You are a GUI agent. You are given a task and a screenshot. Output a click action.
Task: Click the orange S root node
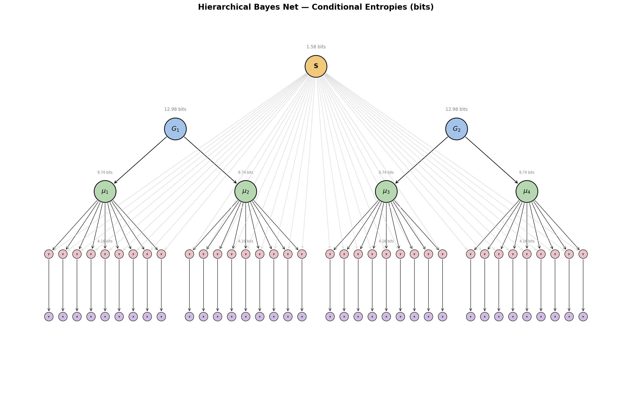tap(316, 66)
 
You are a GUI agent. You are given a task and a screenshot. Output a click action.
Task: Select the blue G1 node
tap(175, 129)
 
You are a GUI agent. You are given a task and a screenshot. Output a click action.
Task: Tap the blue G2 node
tap(456, 129)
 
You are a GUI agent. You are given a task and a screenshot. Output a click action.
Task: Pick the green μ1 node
tap(105, 191)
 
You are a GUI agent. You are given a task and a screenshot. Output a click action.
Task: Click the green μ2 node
tap(246, 191)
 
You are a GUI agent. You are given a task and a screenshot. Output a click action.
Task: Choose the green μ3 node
tap(386, 191)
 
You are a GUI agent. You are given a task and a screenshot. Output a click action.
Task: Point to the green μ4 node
tap(527, 191)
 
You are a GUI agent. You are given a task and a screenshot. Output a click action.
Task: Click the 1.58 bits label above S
tap(316, 47)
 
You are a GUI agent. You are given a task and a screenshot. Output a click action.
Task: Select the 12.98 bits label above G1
tap(175, 109)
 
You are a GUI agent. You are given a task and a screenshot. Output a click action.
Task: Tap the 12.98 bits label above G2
tap(456, 109)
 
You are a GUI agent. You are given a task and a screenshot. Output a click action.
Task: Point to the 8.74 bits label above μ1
tap(105, 172)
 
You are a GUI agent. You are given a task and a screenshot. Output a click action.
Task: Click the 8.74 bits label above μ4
tap(527, 172)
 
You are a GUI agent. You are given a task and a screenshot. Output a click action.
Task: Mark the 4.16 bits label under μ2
tap(246, 241)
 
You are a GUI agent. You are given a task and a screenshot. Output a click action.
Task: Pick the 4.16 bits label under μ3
tap(386, 241)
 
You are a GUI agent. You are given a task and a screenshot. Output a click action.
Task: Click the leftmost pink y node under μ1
tap(49, 254)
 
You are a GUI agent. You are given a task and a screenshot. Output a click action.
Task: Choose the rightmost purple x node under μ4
tap(583, 317)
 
